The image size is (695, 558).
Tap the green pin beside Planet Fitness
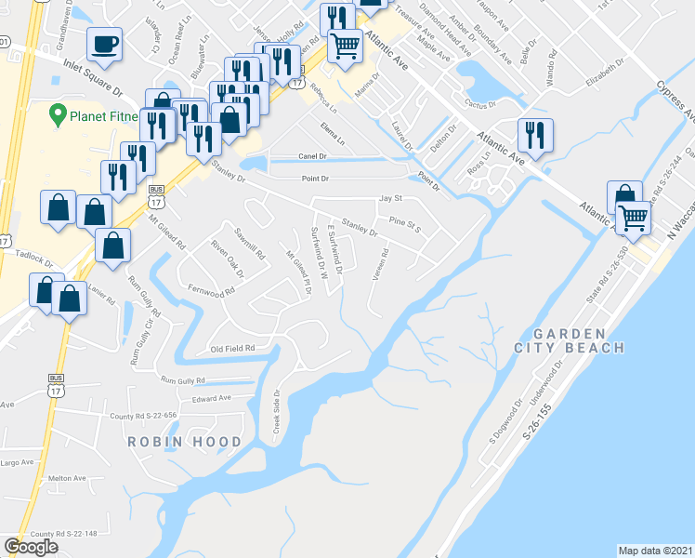[x=56, y=116]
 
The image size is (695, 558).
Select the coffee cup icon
[x=104, y=44]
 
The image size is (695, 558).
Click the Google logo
[x=31, y=547]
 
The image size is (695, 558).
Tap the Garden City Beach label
[x=570, y=340]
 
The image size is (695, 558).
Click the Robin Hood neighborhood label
[x=185, y=442]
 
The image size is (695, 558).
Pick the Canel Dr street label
[x=313, y=155]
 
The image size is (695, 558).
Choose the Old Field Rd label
[x=232, y=349]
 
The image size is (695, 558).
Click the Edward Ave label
[x=211, y=398]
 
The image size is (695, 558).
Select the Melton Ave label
[x=67, y=478]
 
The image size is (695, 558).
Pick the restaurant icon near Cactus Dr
[x=537, y=135]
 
